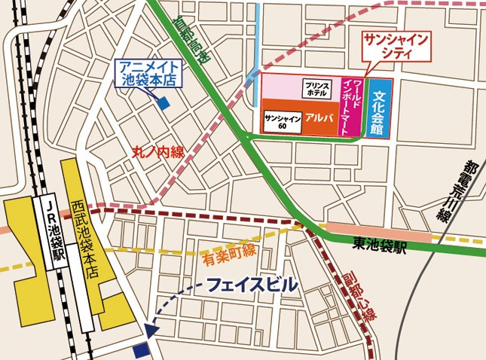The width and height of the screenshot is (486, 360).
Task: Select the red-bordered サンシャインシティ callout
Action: (x=396, y=46)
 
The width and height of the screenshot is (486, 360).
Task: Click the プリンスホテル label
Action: (x=316, y=90)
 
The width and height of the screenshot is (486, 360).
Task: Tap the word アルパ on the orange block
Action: (x=320, y=118)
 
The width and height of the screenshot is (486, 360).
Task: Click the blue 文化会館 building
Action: (x=379, y=108)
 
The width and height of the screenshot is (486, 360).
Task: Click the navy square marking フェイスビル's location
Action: (x=140, y=349)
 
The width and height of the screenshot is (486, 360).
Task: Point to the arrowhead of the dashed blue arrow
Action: (x=150, y=329)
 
